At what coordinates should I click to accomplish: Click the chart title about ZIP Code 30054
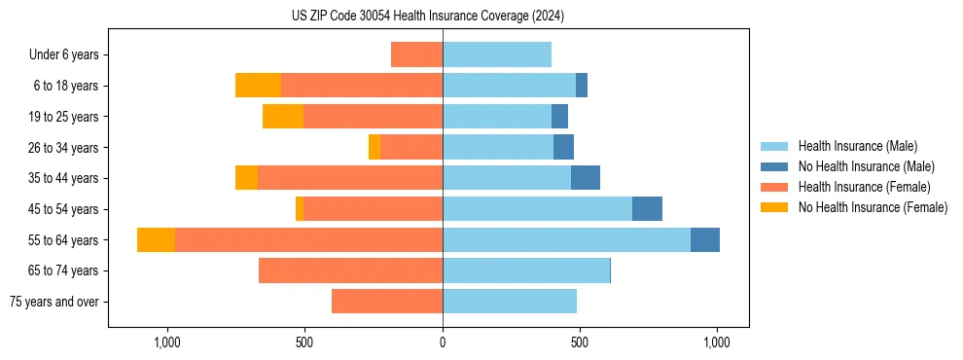(428, 17)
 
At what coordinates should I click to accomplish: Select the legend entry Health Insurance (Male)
(856, 146)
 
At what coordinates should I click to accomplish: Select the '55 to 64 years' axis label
(63, 240)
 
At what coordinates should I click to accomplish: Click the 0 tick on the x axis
(443, 342)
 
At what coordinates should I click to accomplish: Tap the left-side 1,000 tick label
(167, 342)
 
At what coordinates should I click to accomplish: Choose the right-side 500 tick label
(580, 342)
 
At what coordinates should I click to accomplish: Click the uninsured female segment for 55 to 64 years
(156, 239)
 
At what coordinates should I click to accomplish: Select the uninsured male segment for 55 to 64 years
(705, 239)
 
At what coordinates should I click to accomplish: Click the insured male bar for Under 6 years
(497, 54)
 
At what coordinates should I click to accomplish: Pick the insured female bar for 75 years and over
(387, 302)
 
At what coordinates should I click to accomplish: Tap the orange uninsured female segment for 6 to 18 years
(258, 86)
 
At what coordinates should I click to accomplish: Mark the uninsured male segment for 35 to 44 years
(586, 178)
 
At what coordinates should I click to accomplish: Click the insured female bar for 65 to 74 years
(350, 270)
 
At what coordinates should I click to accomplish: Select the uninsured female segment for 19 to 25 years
(283, 117)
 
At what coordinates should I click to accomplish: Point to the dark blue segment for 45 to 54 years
(647, 209)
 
